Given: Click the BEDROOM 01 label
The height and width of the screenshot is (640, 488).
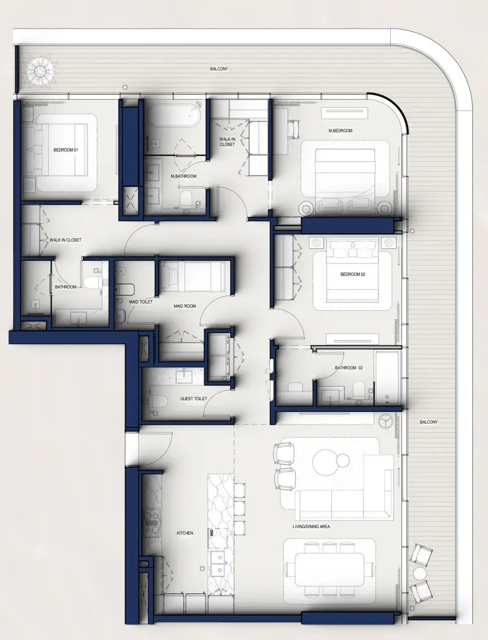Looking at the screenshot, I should coord(66,150).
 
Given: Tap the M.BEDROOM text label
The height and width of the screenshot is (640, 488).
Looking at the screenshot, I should coord(340,131).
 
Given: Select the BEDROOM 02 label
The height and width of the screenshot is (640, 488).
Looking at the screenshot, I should coord(353,275).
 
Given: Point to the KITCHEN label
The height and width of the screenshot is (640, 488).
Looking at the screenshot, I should coord(185,533).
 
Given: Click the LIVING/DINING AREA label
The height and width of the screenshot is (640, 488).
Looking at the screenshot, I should coord(311,527).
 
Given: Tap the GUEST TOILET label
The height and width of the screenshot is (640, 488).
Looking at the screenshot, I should coord(194,399).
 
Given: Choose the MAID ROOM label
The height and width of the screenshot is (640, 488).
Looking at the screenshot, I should coord(185,306).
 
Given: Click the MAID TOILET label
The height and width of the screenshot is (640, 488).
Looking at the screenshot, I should coord(141,302).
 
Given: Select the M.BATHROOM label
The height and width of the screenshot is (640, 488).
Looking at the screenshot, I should coord(183,177).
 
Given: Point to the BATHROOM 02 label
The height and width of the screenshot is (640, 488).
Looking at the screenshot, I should coord(349,368).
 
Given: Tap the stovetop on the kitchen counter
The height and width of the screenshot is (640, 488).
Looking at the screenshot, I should coord(152,519).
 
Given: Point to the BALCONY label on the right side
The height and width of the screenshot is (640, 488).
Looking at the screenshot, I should coord(429,422).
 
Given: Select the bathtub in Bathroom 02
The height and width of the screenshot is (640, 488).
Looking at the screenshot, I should coord(387,378).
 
